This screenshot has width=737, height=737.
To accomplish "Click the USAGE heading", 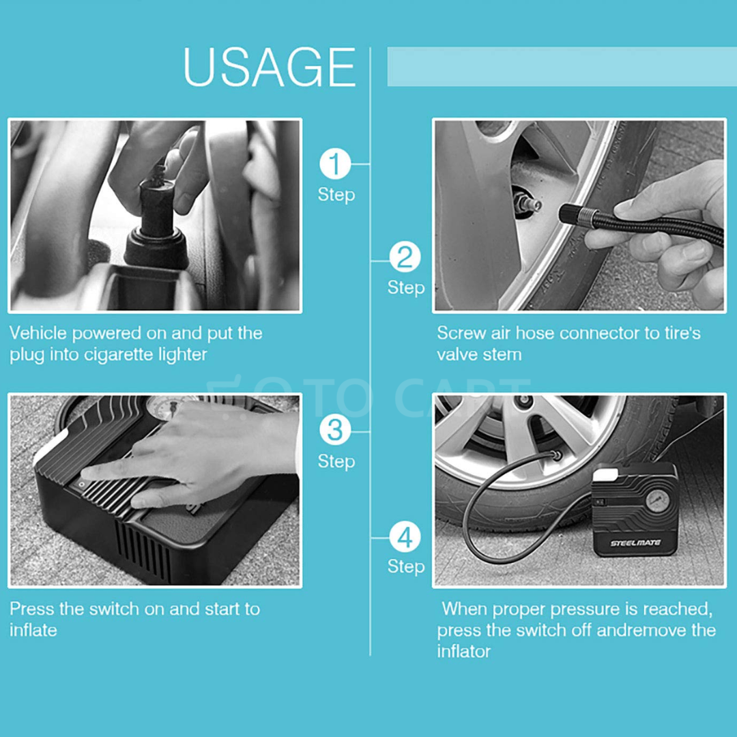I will tap(269, 67).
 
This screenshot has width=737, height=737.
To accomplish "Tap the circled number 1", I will tap(335, 164).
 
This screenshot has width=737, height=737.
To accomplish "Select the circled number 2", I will tap(405, 258).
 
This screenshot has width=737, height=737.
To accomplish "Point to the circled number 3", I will tap(335, 431).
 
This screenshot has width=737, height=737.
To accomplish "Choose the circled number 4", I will tap(405, 537).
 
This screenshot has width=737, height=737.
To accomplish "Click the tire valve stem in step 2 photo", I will tap(529, 203).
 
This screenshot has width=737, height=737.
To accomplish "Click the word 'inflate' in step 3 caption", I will tap(33, 630).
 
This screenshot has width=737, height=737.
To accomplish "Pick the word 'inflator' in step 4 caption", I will tap(464, 652).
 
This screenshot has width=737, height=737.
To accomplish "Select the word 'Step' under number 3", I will tap(336, 461).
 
